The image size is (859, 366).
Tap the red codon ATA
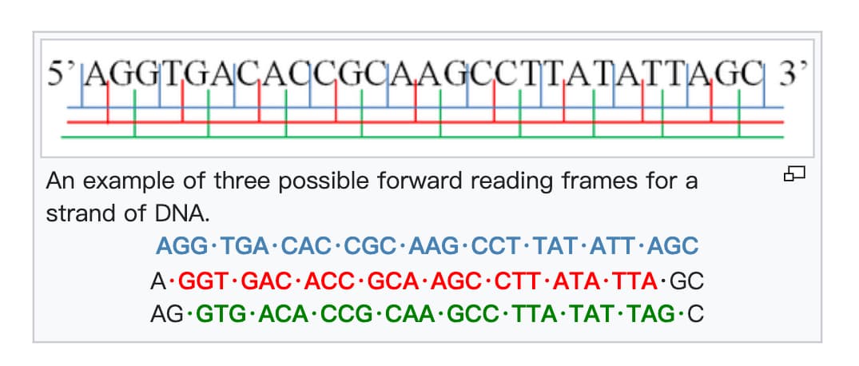pyautogui.click(x=570, y=281)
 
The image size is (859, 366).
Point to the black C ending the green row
pyautogui.click(x=695, y=314)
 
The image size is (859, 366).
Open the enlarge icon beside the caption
pyautogui.click(x=795, y=173)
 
